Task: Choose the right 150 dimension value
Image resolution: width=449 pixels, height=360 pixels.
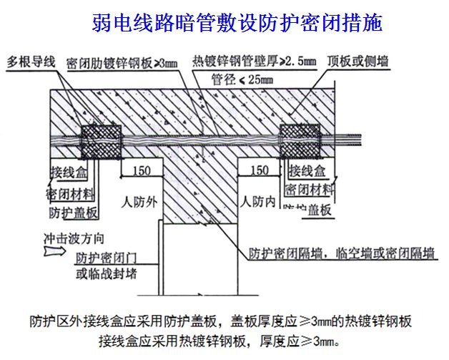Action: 258,172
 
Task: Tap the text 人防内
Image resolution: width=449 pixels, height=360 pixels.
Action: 258,201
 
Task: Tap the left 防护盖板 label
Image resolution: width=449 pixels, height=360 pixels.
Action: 73,213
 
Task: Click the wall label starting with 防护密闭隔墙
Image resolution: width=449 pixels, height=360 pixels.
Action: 342,253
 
